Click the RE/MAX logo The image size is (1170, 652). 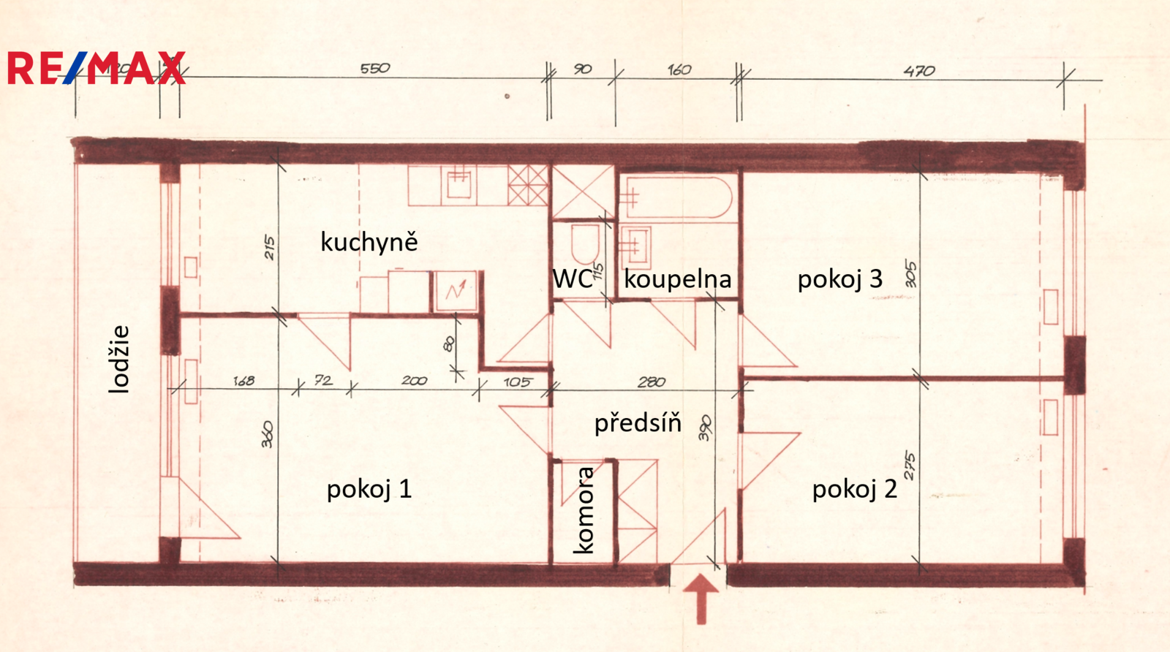coord(96,69)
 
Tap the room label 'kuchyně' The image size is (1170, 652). coord(369,242)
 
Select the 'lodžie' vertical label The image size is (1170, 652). coord(118,359)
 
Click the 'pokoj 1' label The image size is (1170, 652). coord(369,489)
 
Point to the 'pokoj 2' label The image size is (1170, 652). coord(854,489)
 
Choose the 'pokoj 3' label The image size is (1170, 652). coord(839,278)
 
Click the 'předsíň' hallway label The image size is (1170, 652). coord(637,422)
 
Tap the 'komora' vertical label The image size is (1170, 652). coord(584,510)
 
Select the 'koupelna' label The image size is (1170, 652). coord(677,278)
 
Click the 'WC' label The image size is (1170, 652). coord(572,278)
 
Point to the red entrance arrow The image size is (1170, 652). coord(701,597)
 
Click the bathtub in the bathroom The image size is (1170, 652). coord(676,197)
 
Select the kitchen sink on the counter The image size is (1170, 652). coord(459,183)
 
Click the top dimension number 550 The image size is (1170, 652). coord(375,69)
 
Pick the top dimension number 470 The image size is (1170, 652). coord(918,71)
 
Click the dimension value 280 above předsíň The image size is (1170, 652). coord(651,382)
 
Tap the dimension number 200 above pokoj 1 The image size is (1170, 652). coord(414,381)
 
